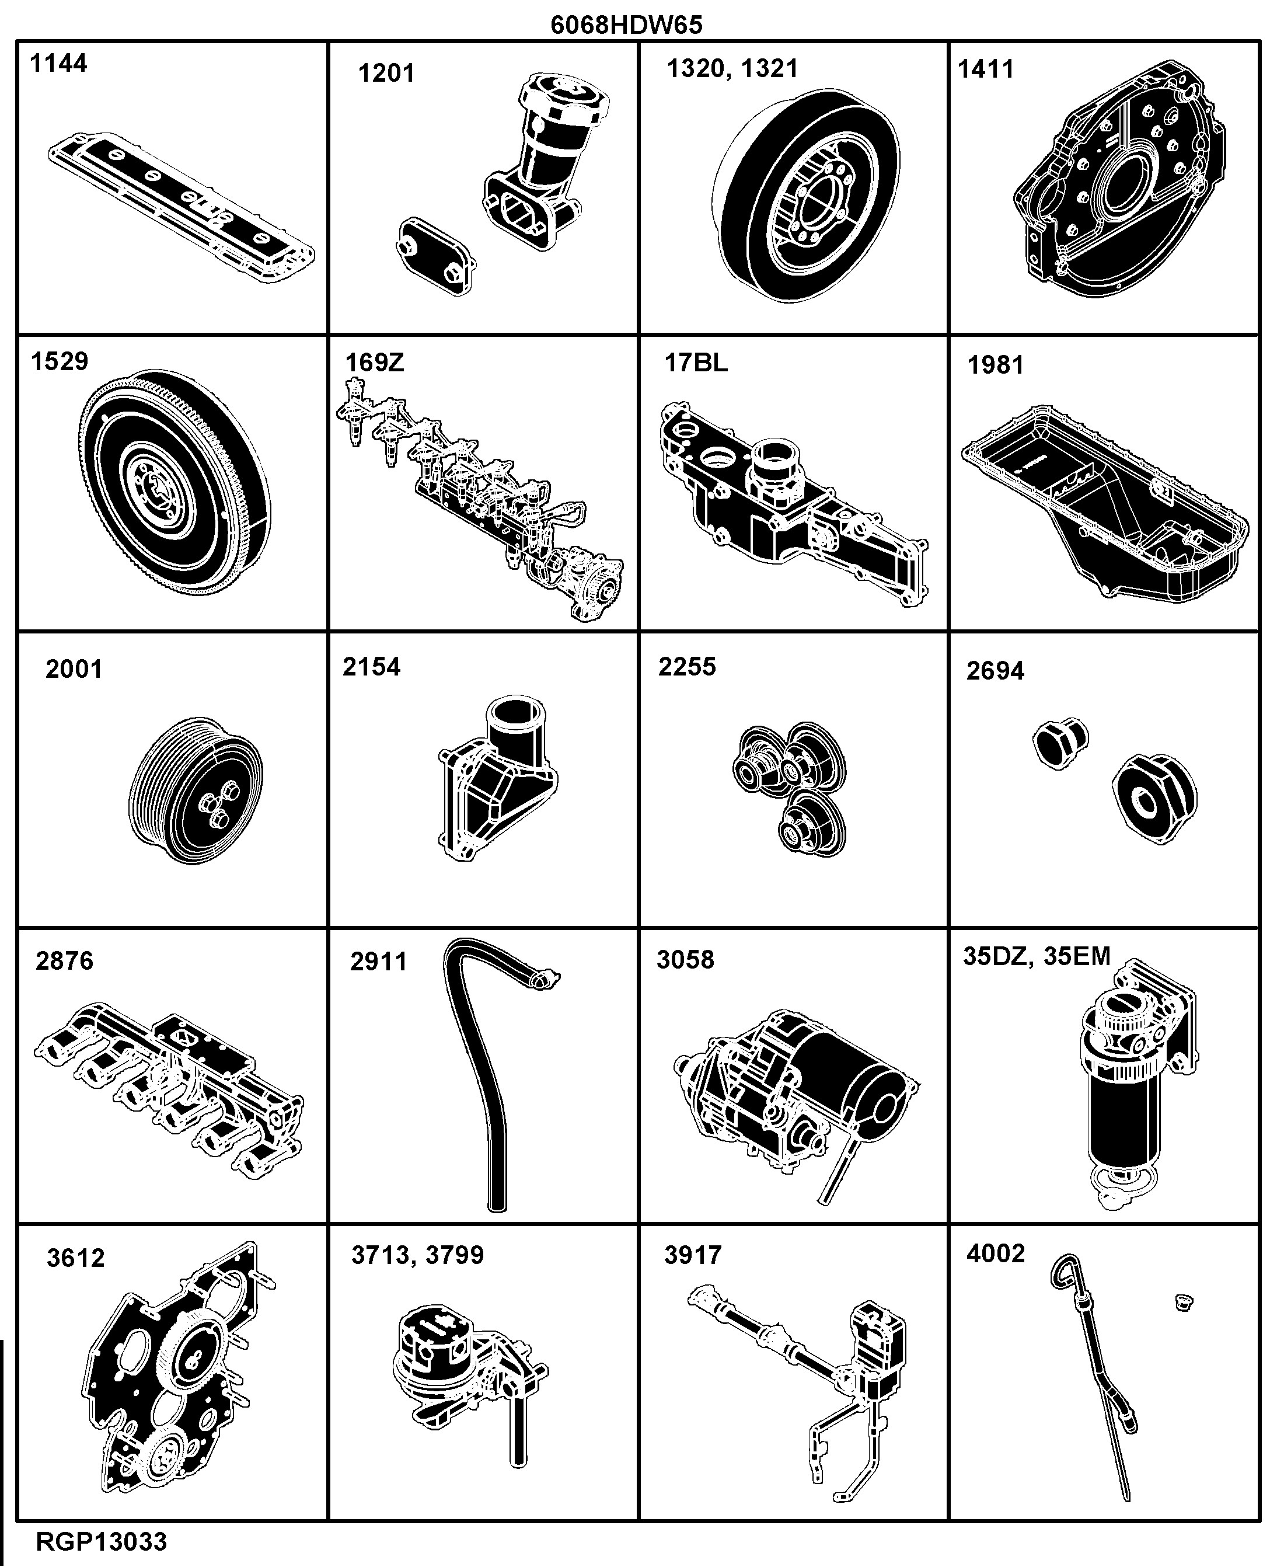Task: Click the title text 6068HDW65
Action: pyautogui.click(x=626, y=25)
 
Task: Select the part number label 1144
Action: pyautogui.click(x=58, y=64)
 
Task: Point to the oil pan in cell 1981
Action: pyautogui.click(x=1105, y=502)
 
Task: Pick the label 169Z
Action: pyautogui.click(x=375, y=363)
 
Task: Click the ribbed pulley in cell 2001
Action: pyautogui.click(x=196, y=789)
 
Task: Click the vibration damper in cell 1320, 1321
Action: pyautogui.click(x=806, y=196)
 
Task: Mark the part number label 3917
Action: pyautogui.click(x=693, y=1255)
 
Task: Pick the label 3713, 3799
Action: pyautogui.click(x=418, y=1255)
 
